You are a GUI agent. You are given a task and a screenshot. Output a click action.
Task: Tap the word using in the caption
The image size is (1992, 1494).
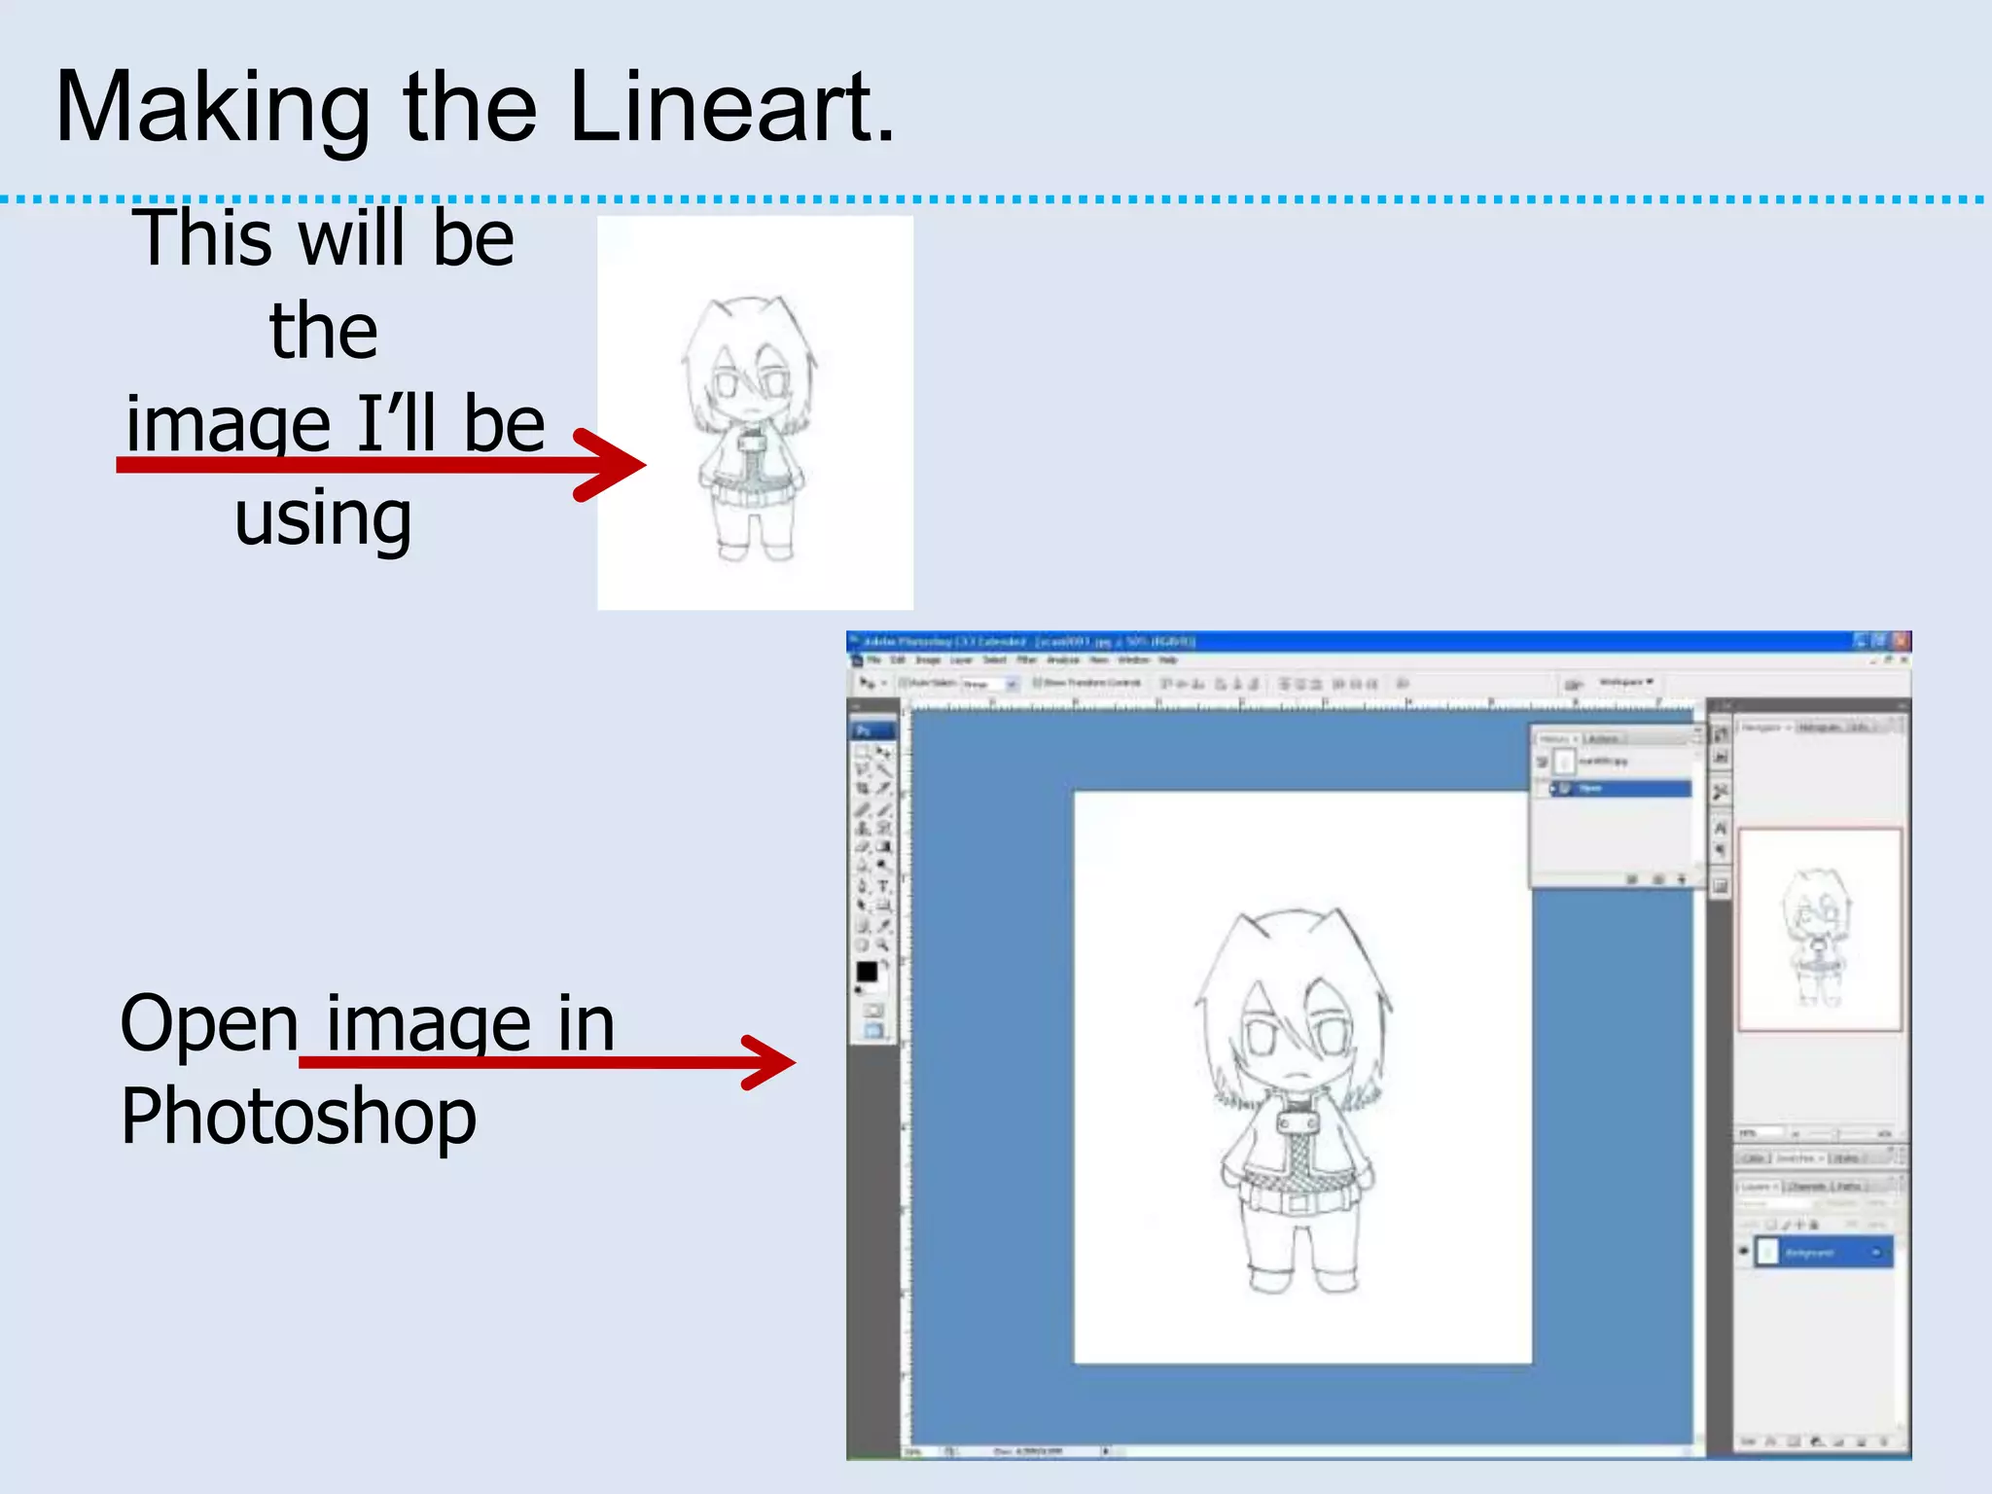pos(323,517)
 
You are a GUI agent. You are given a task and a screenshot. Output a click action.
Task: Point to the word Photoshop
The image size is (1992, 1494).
pos(298,1117)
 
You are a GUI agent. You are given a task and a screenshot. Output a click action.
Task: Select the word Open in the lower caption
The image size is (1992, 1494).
pos(208,1023)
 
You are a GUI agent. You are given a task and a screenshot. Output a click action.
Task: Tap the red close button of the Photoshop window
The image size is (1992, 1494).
pos(1902,641)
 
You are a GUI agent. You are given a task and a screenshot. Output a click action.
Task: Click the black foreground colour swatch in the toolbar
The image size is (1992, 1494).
pos(866,971)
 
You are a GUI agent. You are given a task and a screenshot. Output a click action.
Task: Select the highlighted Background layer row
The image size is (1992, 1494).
pos(1824,1252)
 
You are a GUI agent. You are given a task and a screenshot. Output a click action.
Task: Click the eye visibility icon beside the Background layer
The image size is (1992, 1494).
pos(1744,1252)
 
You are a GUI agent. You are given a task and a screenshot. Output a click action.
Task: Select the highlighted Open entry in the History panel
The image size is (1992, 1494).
pos(1619,789)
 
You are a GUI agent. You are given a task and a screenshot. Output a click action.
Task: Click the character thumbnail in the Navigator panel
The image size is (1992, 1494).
pos(1817,934)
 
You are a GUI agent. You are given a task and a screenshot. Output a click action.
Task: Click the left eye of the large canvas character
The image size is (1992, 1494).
pos(1261,1038)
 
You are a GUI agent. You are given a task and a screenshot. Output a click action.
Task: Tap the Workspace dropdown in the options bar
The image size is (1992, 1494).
pos(1625,683)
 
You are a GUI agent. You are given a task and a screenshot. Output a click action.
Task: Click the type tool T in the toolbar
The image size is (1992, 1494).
pos(883,886)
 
